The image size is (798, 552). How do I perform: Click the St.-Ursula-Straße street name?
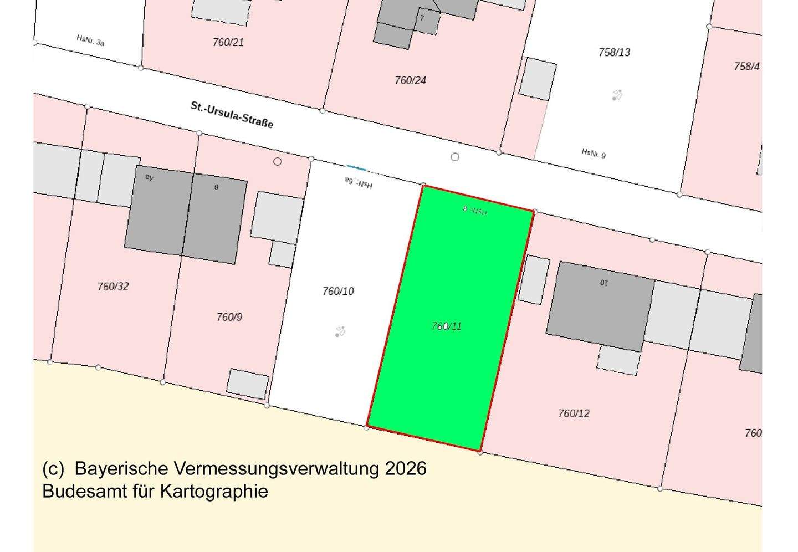coord(232,114)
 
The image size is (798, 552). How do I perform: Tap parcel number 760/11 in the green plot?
coord(447,326)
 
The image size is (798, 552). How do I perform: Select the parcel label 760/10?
coord(338,292)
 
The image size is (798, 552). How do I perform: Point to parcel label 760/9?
coord(229,317)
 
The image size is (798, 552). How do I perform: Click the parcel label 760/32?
coord(113,287)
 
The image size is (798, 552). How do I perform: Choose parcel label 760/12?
coord(574,413)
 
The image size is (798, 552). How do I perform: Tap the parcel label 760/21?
coord(228,42)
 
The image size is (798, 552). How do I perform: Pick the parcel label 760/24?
coord(410,80)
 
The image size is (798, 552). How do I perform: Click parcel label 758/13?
coord(614,53)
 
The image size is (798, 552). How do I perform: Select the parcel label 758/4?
coord(746,67)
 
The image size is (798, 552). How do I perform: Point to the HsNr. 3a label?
coord(90,40)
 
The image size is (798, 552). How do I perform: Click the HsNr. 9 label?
coord(594,153)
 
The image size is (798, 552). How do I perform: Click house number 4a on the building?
coord(149,177)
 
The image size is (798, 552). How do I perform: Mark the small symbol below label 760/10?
coord(340,332)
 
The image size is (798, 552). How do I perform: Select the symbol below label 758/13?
coord(617,95)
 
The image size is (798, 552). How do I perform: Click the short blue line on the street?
coord(356,167)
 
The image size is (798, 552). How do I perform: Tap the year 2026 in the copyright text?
coord(406,468)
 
